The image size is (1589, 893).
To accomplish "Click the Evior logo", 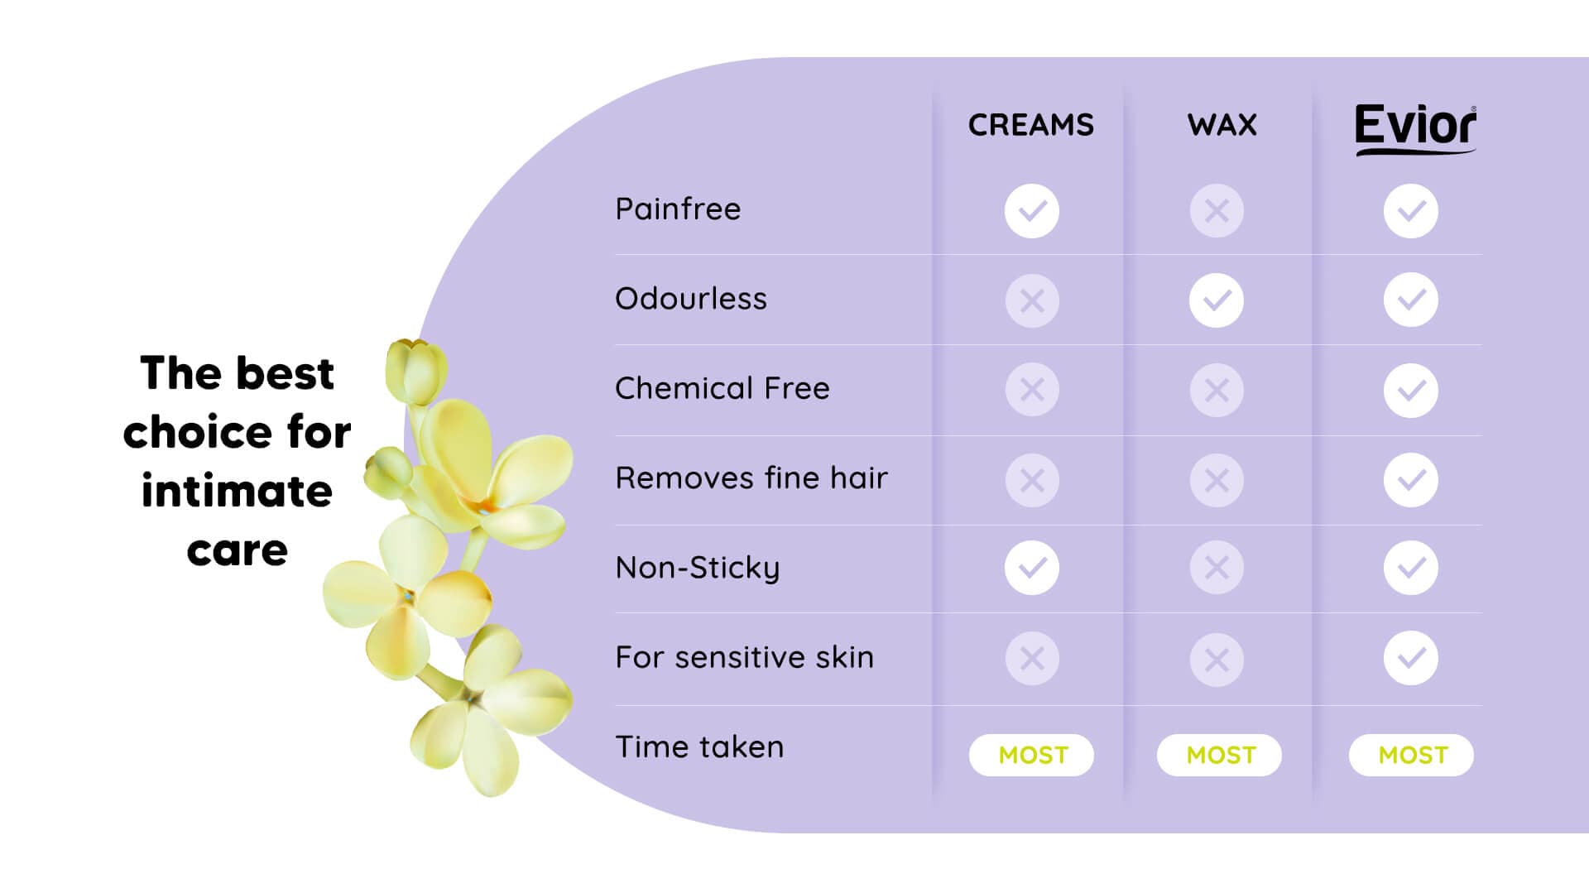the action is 1415,129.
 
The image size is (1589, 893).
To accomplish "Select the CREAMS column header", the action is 1031,125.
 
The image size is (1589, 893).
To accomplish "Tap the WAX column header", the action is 1222,125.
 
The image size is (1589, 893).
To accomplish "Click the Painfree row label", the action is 678,209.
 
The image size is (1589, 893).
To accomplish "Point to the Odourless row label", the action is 691,298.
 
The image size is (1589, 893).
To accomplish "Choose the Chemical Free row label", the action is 722,388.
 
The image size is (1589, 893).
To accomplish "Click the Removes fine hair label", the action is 751,478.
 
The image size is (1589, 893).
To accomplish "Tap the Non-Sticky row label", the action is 698,568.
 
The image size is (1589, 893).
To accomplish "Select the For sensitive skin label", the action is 745,657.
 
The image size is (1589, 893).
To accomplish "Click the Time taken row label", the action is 699,747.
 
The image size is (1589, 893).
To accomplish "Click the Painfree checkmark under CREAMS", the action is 1032,211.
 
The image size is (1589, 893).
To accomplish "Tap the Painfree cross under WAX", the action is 1217,211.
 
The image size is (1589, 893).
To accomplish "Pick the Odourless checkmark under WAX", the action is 1217,300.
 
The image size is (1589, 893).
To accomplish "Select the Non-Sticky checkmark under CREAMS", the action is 1032,568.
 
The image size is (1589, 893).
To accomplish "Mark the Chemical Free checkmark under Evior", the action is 1411,390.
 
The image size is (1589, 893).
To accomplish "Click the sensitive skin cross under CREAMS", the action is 1032,659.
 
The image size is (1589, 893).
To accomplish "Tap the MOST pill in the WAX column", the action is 1219,755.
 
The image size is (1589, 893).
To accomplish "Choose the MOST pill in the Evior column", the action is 1411,755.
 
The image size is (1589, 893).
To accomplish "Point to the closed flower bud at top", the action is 416,370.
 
